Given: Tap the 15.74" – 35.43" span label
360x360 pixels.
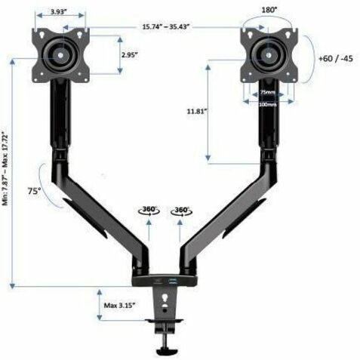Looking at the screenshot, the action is [166, 26].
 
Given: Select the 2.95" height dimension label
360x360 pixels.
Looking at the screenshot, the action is [130, 54].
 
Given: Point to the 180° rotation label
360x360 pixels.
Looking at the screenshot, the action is [269, 10].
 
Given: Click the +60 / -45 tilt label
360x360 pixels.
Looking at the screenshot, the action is [336, 59].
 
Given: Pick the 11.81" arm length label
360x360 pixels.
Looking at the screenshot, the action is [196, 111].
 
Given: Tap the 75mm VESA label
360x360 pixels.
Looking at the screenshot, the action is [267, 92].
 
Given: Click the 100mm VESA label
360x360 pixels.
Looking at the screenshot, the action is [268, 104].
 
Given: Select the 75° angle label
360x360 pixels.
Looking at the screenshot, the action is [34, 191].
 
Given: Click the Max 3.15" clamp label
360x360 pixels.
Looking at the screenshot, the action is [120, 306].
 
